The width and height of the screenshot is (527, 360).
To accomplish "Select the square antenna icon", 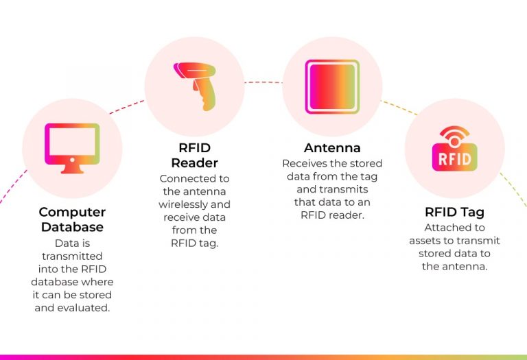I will coord(331,86).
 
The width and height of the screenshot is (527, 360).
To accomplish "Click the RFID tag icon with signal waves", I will coord(454,148).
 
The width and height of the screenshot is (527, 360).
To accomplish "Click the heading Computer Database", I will coord(72,219).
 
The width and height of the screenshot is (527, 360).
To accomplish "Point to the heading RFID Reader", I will coord(194,156).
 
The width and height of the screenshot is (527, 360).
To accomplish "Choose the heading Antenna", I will coord(332,148).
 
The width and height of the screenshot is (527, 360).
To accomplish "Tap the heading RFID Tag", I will coord(454,212).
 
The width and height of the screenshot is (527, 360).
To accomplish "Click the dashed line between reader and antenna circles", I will coord(263,82).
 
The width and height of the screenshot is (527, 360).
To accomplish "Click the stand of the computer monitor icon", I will coord(72,169).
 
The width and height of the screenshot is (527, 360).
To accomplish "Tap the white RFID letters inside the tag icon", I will coord(454,159).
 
